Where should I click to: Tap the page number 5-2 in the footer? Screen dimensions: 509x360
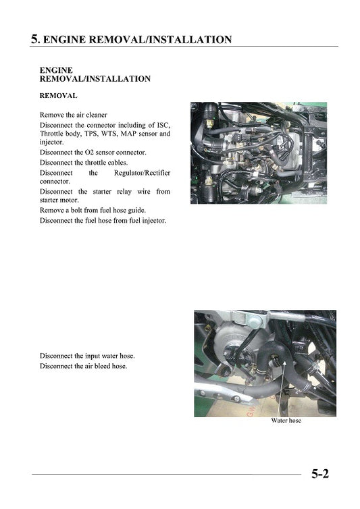(320, 474)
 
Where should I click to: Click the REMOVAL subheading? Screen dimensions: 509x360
(58, 96)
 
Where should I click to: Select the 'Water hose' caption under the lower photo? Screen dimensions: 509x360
(286, 421)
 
